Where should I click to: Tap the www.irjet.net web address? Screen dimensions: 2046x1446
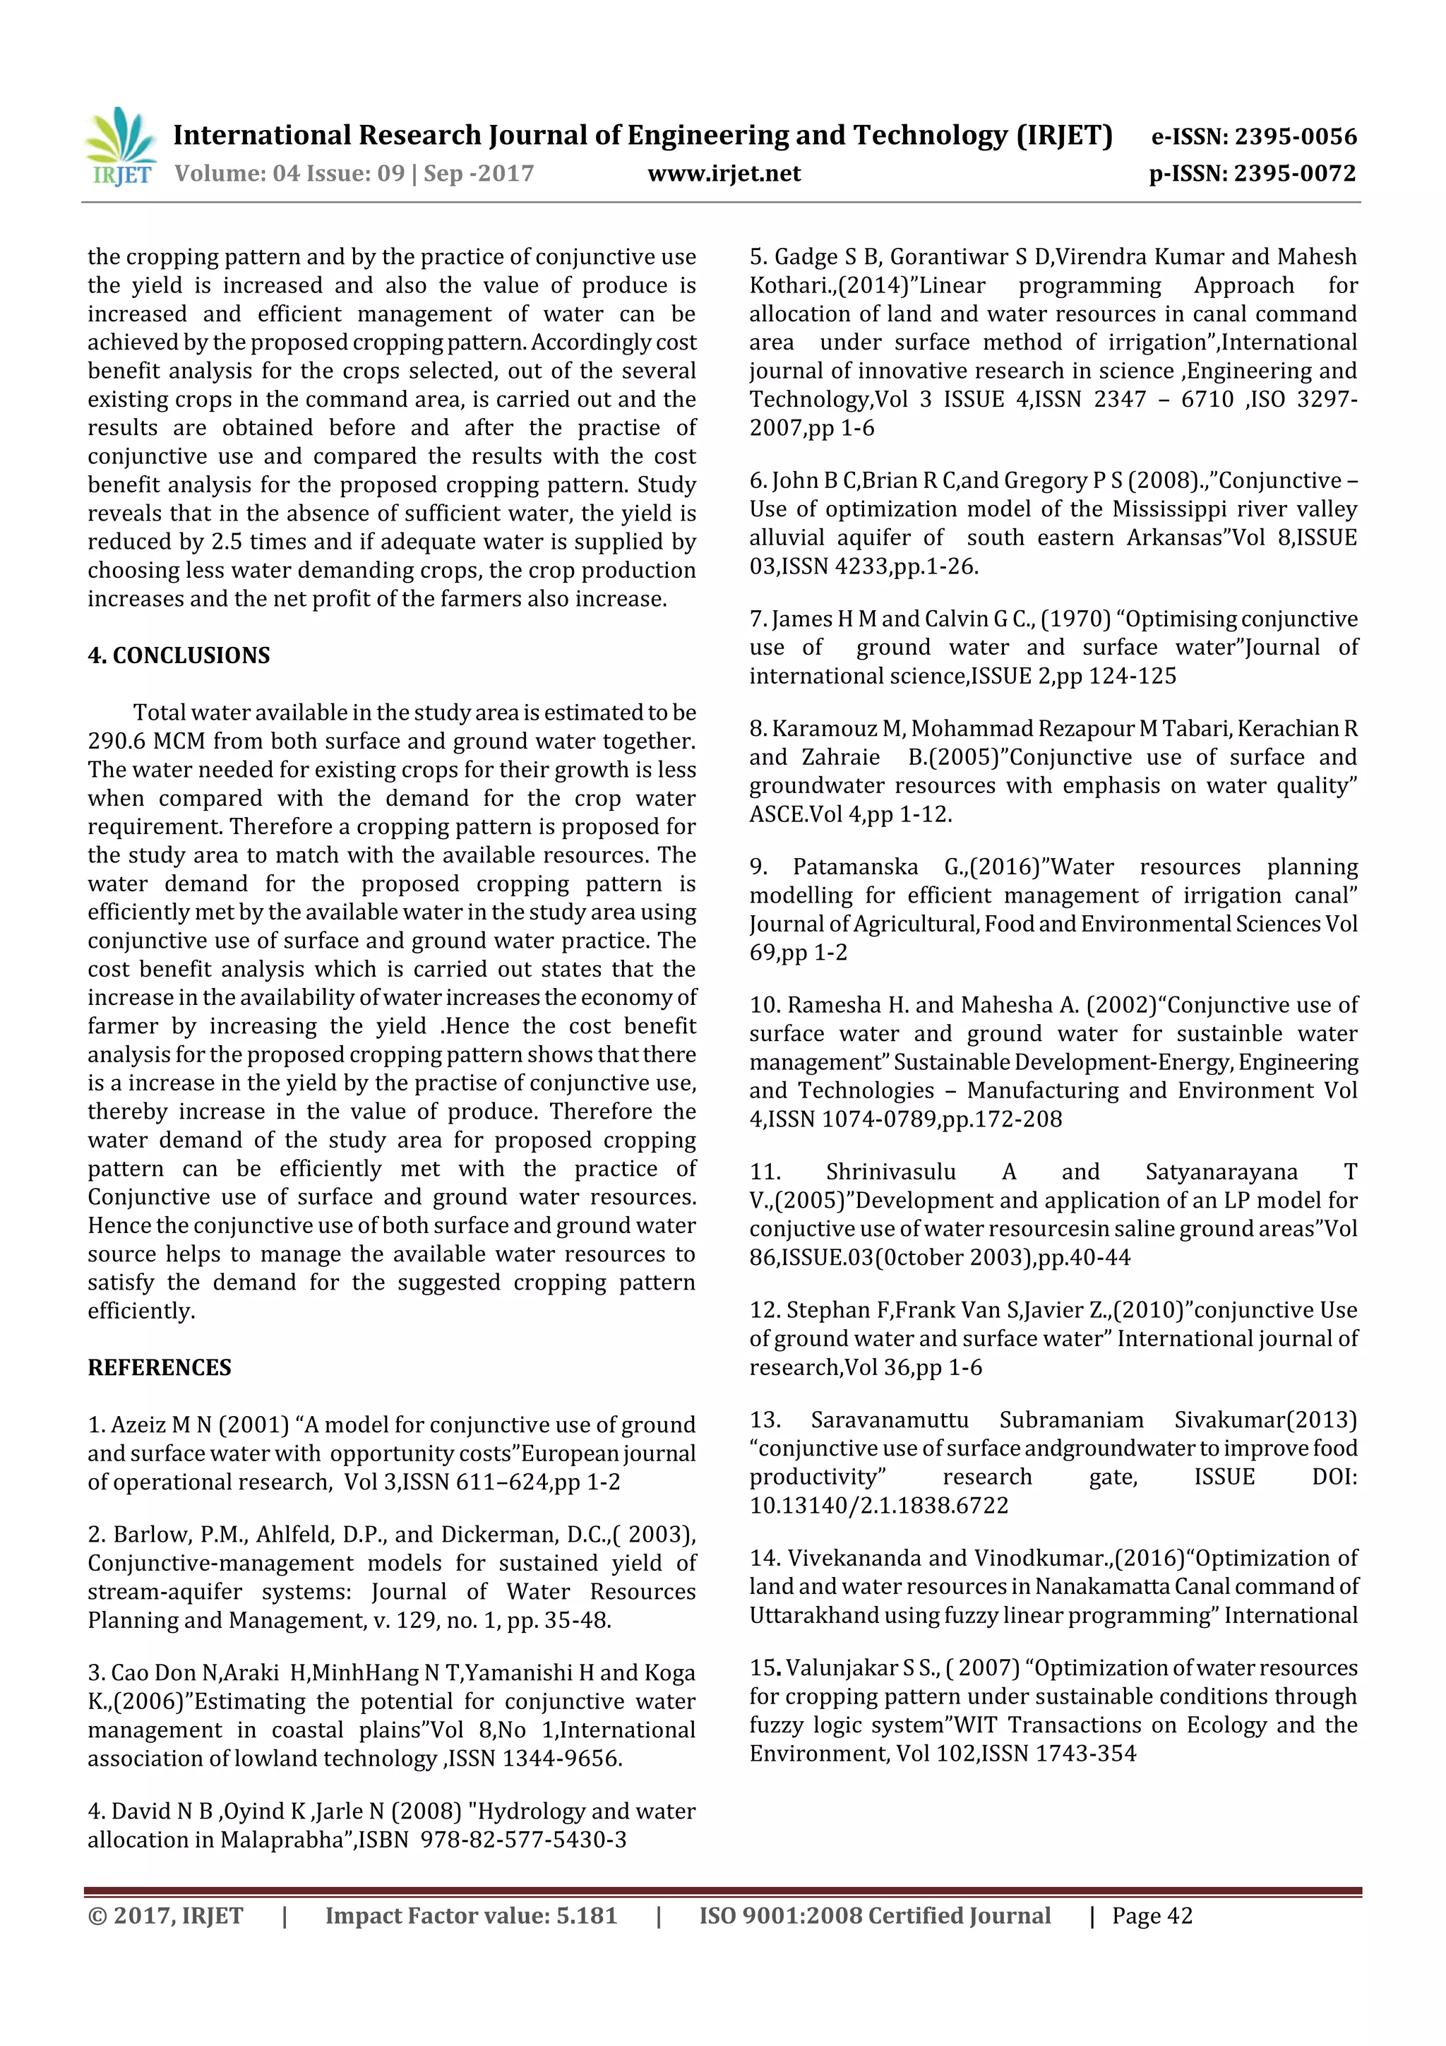click(724, 174)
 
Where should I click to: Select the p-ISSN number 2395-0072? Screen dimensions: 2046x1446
click(1294, 174)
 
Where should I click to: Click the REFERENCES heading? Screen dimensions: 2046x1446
click(159, 1367)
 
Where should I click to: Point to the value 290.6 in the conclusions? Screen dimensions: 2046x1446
click(116, 742)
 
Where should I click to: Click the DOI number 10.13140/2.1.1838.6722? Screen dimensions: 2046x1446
click(878, 1505)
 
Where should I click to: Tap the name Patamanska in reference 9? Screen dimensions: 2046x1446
click(854, 867)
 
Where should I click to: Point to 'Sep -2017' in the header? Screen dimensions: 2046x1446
click(479, 174)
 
